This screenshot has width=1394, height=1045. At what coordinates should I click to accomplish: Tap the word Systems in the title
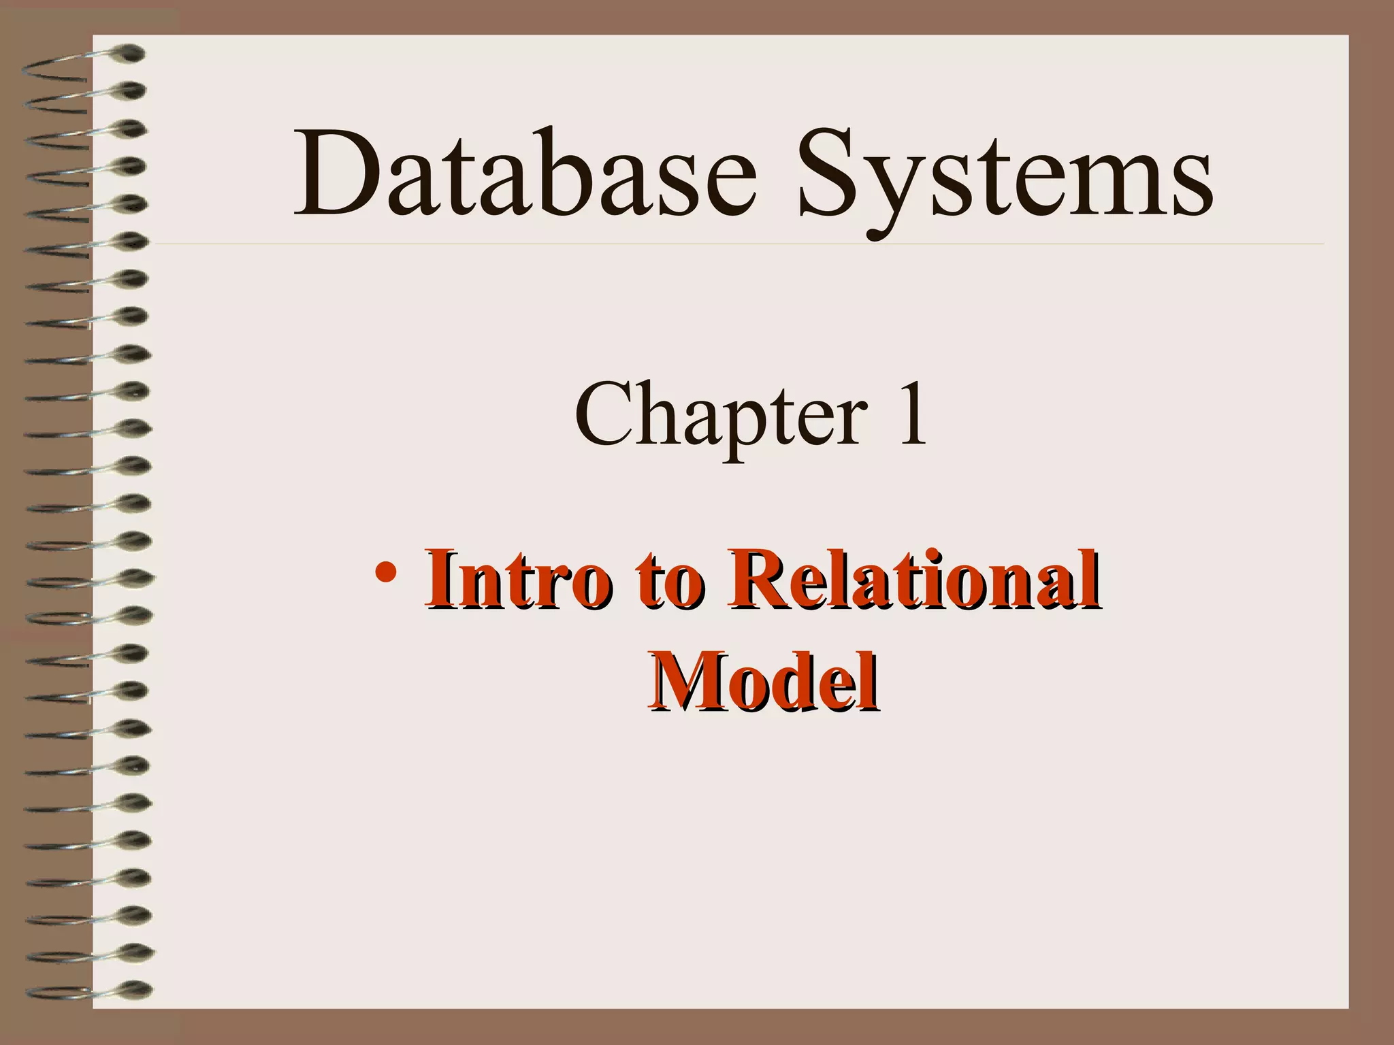tap(1005, 178)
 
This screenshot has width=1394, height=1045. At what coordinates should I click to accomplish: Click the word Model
tap(762, 682)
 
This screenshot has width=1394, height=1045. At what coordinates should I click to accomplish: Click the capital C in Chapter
tap(606, 414)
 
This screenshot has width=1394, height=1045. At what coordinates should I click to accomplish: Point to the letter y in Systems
tap(899, 194)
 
